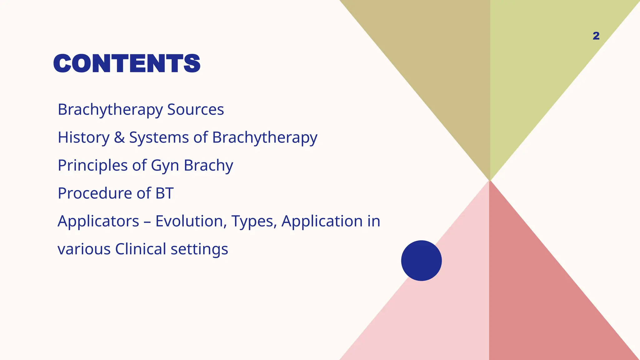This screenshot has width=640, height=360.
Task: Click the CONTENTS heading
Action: (x=127, y=63)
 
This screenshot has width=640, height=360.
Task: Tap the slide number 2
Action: (x=596, y=36)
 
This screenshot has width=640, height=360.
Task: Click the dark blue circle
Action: (x=421, y=260)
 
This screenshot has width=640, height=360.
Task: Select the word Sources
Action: (x=195, y=109)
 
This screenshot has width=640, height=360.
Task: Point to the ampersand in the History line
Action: (x=119, y=137)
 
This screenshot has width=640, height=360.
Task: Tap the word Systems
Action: (x=159, y=137)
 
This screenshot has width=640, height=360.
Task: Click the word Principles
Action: (x=92, y=165)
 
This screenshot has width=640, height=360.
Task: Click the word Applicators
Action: (x=98, y=221)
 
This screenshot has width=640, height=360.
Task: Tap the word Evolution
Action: (x=191, y=221)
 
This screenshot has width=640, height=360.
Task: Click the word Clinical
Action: (x=141, y=249)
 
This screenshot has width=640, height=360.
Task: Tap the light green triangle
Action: (x=537, y=62)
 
